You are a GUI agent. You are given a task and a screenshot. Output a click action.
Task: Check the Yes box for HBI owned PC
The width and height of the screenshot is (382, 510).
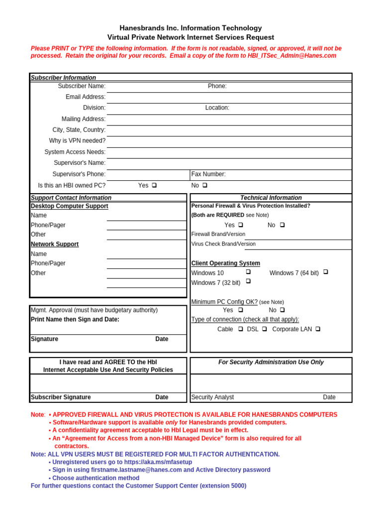coord(154,185)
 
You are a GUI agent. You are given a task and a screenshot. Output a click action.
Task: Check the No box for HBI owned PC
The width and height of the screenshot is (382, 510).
coord(205,185)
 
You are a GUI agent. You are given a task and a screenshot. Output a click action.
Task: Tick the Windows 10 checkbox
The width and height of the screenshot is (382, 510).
coord(248,272)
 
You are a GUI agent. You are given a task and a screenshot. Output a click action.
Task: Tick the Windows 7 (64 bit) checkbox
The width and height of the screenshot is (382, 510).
coord(326,272)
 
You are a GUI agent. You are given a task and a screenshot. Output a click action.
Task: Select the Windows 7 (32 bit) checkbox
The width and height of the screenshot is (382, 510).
coord(248,281)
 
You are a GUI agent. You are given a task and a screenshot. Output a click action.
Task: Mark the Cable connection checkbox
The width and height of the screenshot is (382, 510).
coord(240,329)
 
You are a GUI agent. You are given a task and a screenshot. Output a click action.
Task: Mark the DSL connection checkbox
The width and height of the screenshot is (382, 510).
coord(265,329)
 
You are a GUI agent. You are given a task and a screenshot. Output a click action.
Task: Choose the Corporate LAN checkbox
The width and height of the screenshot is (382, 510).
coord(318,329)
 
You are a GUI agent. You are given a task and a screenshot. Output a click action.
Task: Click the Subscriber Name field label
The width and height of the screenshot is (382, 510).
coord(82,86)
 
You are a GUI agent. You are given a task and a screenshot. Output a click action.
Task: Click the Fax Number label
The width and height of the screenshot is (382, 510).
coord(208,174)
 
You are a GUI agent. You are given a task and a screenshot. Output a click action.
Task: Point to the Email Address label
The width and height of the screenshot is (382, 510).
coord(86,97)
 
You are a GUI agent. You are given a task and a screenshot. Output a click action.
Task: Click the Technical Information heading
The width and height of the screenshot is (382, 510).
coord(271,198)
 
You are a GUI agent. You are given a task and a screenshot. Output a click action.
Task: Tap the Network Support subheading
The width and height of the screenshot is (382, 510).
coord(55,244)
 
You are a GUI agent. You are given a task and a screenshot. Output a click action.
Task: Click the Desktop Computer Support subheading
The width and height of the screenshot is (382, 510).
coord(69,206)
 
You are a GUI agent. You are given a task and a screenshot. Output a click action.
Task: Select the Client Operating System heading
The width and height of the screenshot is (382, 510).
coord(225,263)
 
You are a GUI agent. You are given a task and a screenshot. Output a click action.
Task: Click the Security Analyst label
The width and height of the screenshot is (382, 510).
coord(212,397)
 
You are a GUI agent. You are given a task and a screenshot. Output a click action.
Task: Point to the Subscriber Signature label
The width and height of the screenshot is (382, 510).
coord(61,397)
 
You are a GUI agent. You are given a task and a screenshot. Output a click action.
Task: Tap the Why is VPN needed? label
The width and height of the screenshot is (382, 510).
coord(77,141)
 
